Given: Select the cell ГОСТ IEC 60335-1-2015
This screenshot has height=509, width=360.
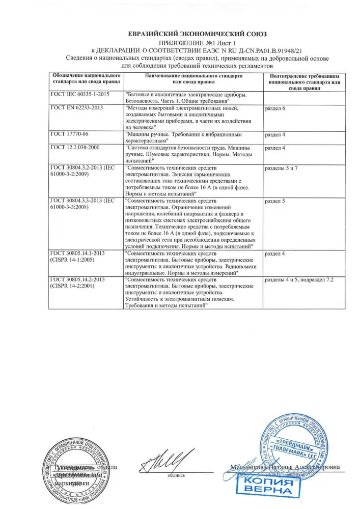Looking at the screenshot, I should point(80,95).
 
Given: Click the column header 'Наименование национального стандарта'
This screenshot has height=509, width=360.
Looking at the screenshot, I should point(193,78).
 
